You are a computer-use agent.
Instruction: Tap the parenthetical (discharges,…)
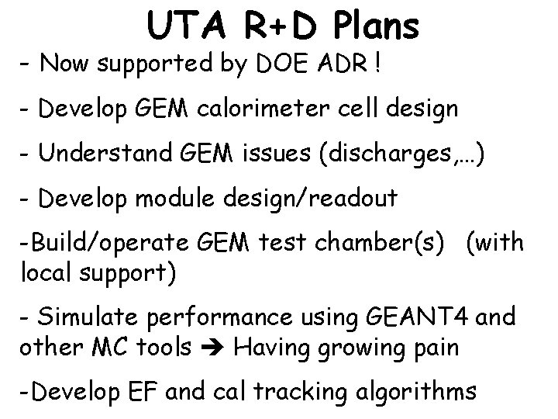tap(396, 154)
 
